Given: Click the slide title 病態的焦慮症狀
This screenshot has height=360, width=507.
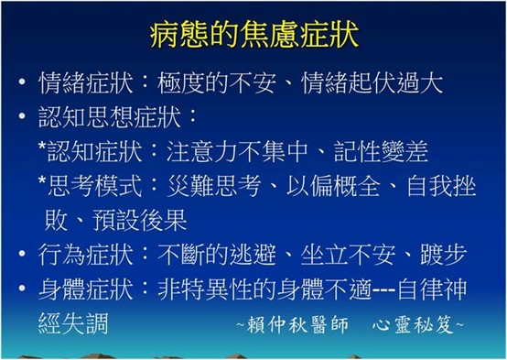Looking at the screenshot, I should tap(253, 38).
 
